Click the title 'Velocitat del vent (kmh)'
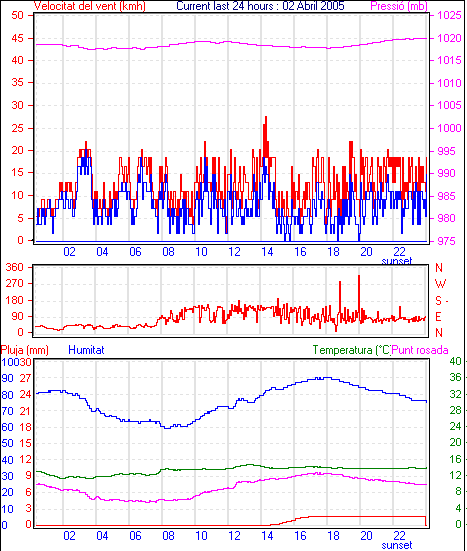point(90,6)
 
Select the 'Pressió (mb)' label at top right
point(399,6)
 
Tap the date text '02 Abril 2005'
point(313,6)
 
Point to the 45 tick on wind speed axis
point(18,38)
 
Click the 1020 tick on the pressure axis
point(449,38)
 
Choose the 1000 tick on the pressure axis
point(449,128)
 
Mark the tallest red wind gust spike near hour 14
point(266,117)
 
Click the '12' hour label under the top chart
point(234,252)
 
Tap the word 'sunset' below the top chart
point(397,261)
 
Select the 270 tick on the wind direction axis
point(15,283)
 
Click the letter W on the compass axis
point(440,283)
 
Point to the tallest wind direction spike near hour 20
point(359,276)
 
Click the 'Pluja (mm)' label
point(25,350)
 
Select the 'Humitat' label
point(86,350)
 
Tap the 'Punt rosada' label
point(420,350)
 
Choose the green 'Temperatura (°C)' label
point(352,350)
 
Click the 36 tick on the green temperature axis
point(455,377)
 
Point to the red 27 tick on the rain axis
point(25,378)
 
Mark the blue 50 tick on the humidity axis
point(7,443)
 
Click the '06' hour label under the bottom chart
point(135,536)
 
